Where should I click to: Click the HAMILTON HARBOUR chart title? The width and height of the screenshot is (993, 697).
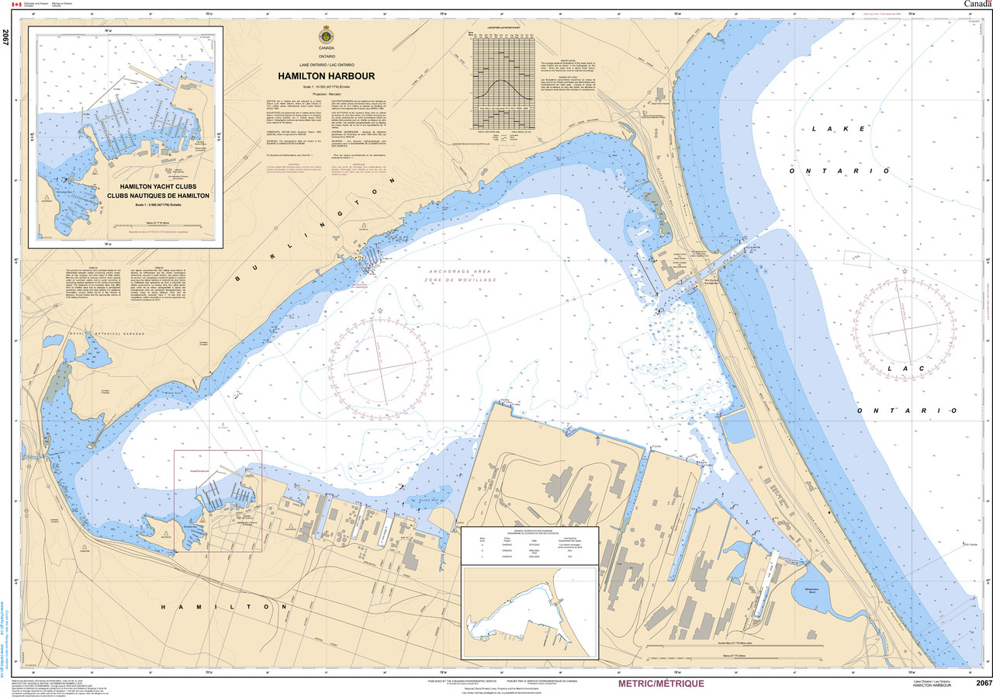coord(327,76)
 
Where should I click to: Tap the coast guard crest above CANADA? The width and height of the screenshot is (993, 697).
coord(327,37)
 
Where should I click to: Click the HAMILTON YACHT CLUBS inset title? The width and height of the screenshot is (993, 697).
coord(158,187)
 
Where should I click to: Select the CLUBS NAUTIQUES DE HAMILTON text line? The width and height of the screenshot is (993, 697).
coord(158,196)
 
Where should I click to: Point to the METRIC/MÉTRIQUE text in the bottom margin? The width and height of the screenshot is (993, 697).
coord(661,684)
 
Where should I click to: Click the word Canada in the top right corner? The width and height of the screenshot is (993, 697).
coord(977,4)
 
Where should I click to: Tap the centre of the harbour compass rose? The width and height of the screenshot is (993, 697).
coord(380,364)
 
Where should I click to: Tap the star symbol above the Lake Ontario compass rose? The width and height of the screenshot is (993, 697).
coord(905,271)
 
